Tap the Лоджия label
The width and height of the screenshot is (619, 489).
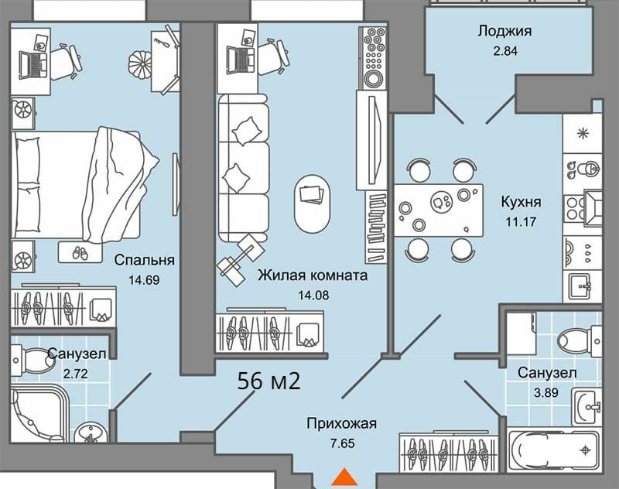tap(505, 31)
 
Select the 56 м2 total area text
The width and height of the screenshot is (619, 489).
tap(268, 381)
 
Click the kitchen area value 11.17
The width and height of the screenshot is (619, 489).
tap(521, 222)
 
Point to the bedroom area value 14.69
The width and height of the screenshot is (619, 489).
tap(144, 280)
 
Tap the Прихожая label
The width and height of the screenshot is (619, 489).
tap(342, 424)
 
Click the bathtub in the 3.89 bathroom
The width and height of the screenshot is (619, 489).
tap(553, 450)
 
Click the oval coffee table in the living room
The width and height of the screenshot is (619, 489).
tap(312, 204)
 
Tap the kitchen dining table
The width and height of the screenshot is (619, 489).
tap(439, 210)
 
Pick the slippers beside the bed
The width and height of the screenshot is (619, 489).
tap(80, 253)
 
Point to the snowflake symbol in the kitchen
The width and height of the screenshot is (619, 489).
tap(583, 133)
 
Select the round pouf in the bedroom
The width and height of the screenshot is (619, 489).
tap(140, 63)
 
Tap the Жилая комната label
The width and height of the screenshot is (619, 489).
tap(313, 275)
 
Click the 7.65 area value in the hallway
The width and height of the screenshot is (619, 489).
tap(342, 443)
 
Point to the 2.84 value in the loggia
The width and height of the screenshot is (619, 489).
tap(505, 51)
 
